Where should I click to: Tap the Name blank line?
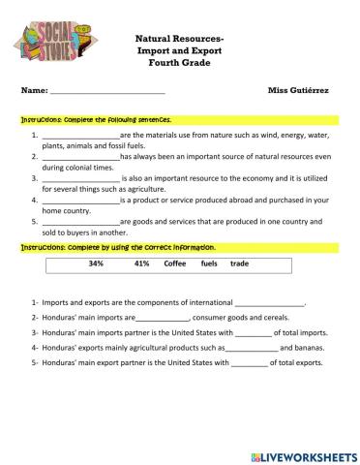[106, 92]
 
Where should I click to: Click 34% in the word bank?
[96, 263]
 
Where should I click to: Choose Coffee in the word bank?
[175, 263]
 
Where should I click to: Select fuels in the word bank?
[209, 263]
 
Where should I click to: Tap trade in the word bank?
[240, 263]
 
